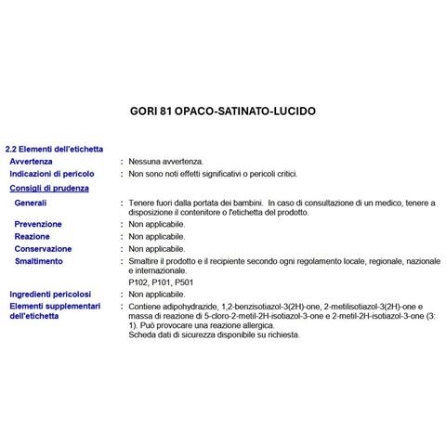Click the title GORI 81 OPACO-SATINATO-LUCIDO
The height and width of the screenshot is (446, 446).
point(222,111)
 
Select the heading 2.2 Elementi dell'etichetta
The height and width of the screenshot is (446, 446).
point(54,149)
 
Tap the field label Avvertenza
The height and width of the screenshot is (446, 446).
point(37,161)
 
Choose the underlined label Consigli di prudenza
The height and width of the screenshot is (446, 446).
point(48,188)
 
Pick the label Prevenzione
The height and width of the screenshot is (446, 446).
point(39,225)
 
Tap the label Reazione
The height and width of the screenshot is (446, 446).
point(33,237)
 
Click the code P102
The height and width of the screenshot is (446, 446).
point(138,282)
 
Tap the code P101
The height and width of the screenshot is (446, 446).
point(163,282)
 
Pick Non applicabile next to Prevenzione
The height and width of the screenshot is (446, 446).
point(156,225)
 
